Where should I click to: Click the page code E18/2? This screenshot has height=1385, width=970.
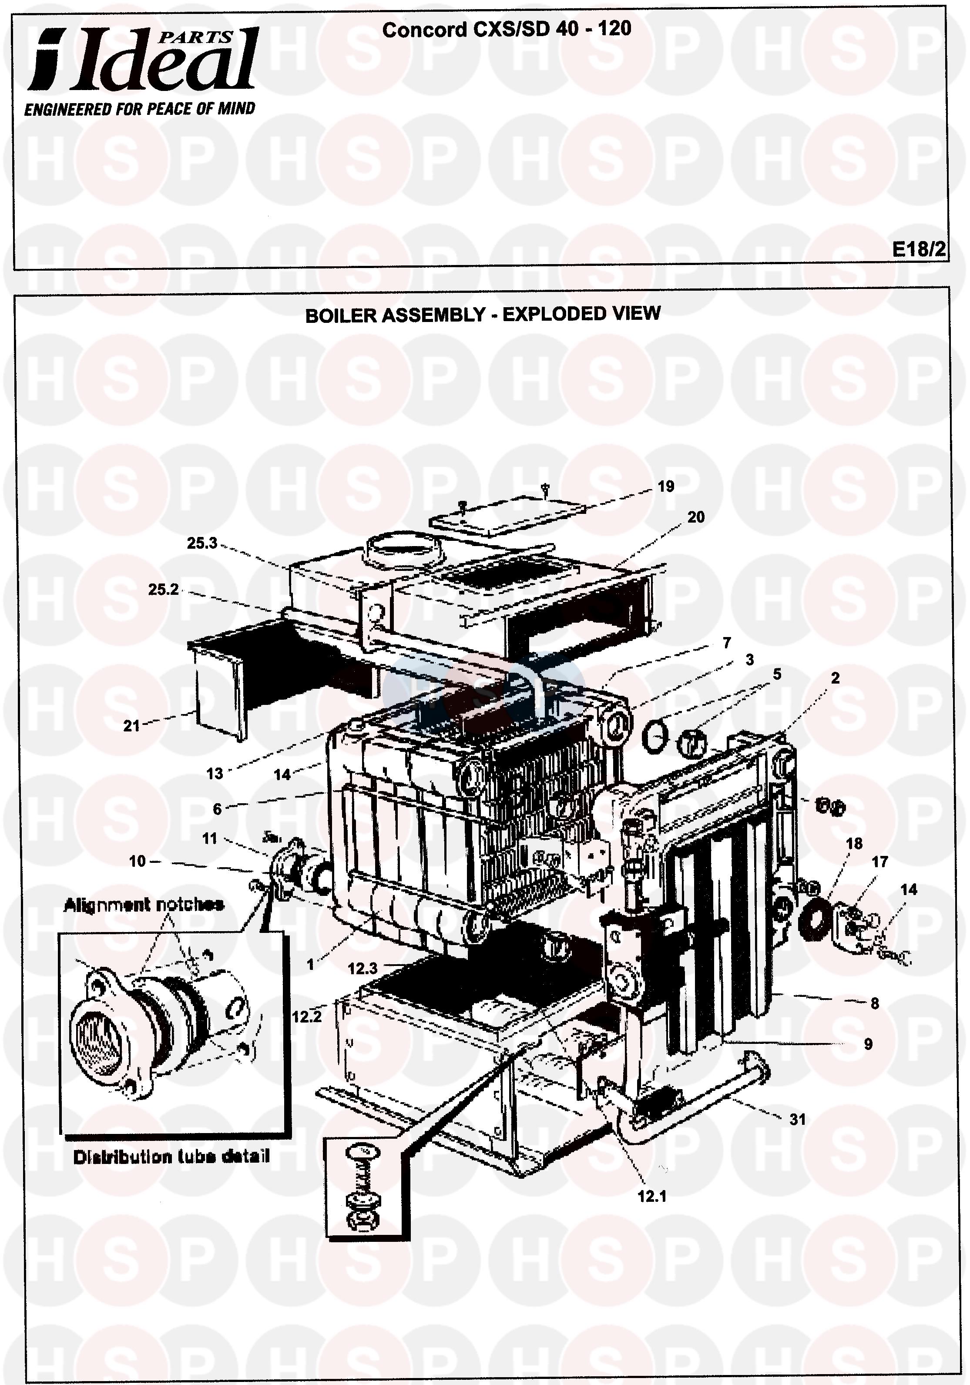pos(919,249)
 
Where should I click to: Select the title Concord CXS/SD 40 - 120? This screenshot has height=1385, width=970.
pos(507,29)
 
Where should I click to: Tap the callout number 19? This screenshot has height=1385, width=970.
pos(665,486)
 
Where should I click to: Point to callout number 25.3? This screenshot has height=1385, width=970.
pos(201,543)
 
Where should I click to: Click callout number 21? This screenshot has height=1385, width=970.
pos(131,726)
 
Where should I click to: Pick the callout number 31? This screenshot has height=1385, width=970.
pos(798,1119)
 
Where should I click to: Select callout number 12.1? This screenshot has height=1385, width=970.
pos(652,1196)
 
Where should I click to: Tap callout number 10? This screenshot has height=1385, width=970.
pos(138,861)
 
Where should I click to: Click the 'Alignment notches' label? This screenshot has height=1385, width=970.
pos(144,904)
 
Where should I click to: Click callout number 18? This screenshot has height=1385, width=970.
pos(854,843)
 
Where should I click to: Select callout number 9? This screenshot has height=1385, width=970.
pos(868,1044)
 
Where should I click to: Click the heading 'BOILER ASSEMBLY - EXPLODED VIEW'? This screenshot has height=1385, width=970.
pos(483,314)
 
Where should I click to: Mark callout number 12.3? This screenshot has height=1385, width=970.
pos(362,968)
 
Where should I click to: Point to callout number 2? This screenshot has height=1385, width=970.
pos(835,678)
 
